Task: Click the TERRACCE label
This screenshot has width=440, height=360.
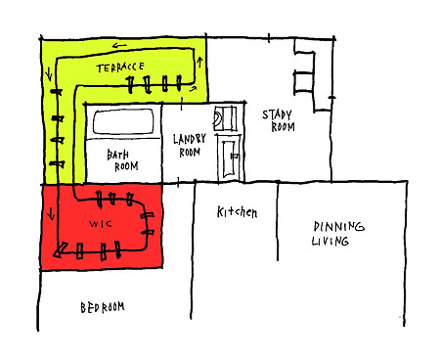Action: click(x=120, y=67)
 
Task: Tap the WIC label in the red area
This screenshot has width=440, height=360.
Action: click(x=101, y=224)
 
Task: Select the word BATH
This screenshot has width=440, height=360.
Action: click(x=117, y=155)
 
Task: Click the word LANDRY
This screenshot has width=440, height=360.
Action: click(x=190, y=139)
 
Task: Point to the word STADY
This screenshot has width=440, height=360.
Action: click(x=277, y=114)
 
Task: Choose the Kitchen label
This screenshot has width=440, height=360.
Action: click(x=237, y=212)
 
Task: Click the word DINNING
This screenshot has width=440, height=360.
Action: click(x=338, y=226)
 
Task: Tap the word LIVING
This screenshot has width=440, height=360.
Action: click(x=330, y=241)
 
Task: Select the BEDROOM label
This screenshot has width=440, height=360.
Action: click(x=103, y=307)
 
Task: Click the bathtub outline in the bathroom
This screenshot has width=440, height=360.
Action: click(x=123, y=121)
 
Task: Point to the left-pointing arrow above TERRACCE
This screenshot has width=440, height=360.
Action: click(x=119, y=46)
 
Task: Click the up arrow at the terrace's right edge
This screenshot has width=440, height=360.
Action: click(x=199, y=62)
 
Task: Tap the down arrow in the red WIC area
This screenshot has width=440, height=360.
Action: click(x=51, y=214)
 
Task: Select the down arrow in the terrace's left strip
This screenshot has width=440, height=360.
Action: click(x=49, y=73)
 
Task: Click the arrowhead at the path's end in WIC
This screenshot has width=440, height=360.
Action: click(x=60, y=249)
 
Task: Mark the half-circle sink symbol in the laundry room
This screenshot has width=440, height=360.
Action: click(x=217, y=117)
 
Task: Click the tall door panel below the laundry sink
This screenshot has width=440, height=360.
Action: click(x=229, y=157)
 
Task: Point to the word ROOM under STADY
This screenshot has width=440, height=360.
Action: click(x=283, y=127)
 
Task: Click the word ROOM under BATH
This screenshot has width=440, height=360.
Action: click(x=126, y=166)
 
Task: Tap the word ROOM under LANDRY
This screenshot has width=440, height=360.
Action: click(x=190, y=153)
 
